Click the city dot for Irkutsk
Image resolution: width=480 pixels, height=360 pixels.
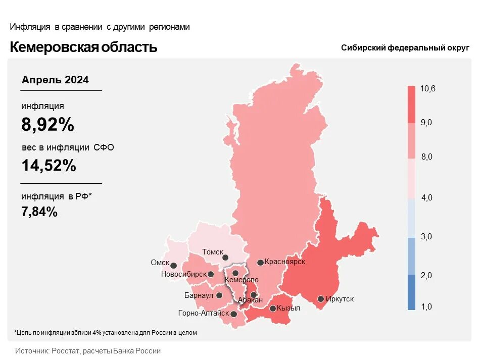pyautogui.click(x=320, y=298)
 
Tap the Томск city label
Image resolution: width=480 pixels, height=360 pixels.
pyautogui.click(x=213, y=251)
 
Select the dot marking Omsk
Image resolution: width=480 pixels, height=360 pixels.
pyautogui.click(x=173, y=265)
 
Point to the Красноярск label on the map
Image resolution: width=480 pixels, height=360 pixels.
pyautogui.click(x=285, y=262)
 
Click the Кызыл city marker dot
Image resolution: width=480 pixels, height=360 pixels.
pyautogui.click(x=272, y=308)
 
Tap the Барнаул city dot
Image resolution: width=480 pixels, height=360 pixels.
pyautogui.click(x=219, y=295)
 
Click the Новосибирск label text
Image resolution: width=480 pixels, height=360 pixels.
pyautogui.click(x=184, y=274)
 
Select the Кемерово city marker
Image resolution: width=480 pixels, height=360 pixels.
pyautogui.click(x=235, y=273)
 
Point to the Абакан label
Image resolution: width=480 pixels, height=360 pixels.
pyautogui.click(x=250, y=300)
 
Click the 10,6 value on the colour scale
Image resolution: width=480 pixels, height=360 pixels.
pyautogui.click(x=427, y=89)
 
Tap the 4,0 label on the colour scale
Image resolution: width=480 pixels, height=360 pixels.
pyautogui.click(x=426, y=197)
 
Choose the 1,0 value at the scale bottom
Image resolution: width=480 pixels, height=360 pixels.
pyautogui.click(x=426, y=306)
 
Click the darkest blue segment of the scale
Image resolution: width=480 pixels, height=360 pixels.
pyautogui.click(x=411, y=292)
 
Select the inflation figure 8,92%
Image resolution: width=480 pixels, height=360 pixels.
pyautogui.click(x=47, y=125)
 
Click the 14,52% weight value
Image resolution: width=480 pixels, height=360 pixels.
pyautogui.click(x=49, y=165)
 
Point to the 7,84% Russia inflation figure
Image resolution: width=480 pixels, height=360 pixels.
pyautogui.click(x=39, y=212)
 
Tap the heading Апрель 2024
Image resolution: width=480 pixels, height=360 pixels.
pyautogui.click(x=55, y=80)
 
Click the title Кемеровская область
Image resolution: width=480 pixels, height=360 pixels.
pyautogui.click(x=83, y=47)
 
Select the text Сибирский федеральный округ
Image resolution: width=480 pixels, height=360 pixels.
pyautogui.click(x=405, y=48)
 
